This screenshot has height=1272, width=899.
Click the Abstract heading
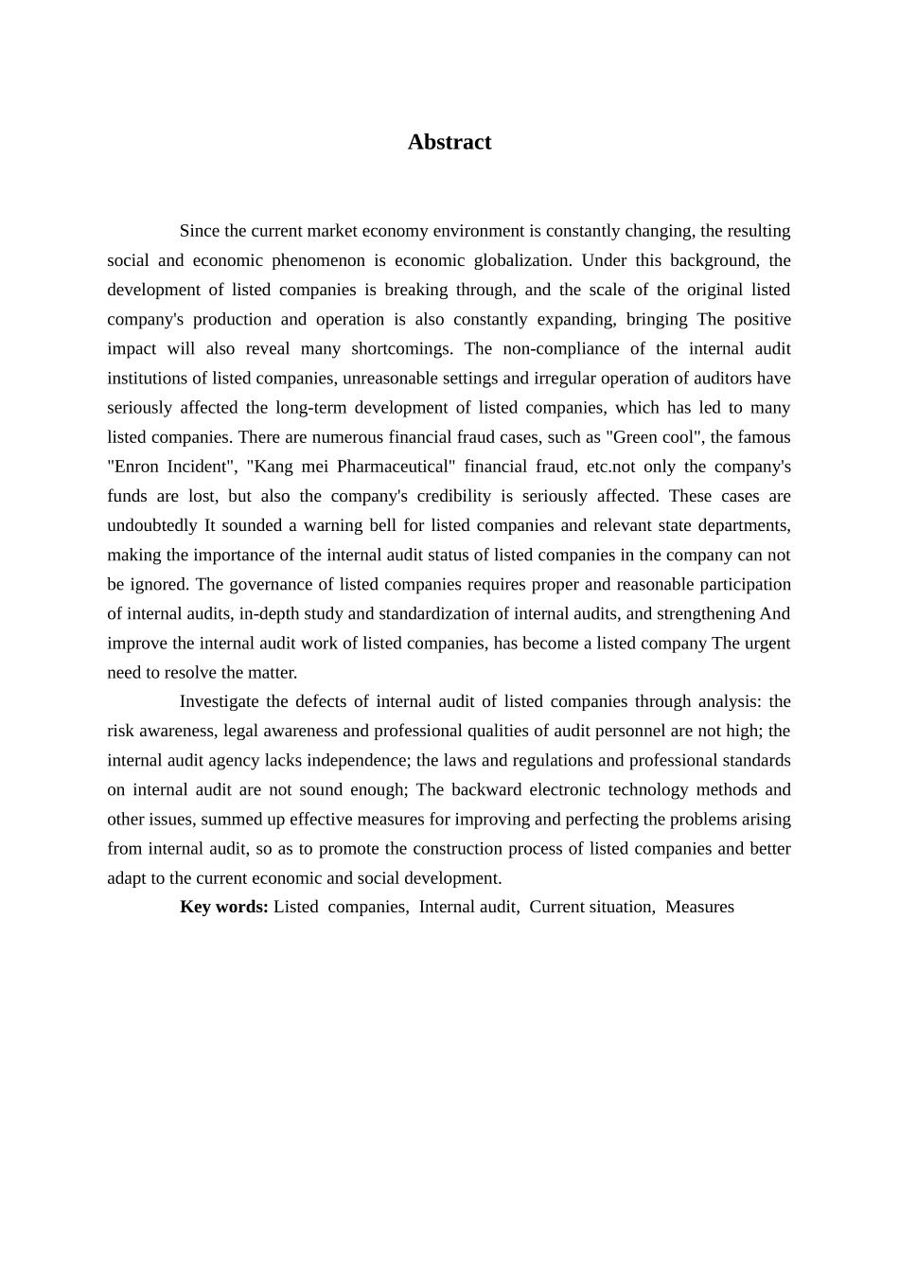pyautogui.click(x=449, y=142)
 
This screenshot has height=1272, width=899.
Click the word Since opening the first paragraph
pyautogui.click(x=200, y=231)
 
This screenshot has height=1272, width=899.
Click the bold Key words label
pyautogui.click(x=224, y=907)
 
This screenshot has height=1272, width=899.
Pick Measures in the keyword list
pyautogui.click(x=699, y=907)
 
